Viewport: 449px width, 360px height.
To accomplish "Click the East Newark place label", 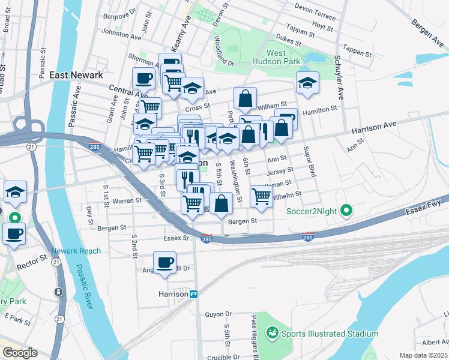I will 76,75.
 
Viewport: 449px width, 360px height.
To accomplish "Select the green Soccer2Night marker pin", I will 346,211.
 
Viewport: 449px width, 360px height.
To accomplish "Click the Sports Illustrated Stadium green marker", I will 271,333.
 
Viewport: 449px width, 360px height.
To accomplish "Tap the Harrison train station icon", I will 194,294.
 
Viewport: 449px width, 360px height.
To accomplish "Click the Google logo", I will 19,353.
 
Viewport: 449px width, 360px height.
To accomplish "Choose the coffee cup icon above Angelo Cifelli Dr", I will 164,263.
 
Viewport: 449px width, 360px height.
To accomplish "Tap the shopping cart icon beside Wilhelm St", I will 261,196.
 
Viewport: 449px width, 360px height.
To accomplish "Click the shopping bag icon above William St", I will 246,98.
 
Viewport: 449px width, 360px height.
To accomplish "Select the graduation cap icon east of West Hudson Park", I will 307,83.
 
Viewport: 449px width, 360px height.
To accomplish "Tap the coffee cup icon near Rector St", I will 14,233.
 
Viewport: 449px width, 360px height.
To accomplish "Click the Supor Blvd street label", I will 310,161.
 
